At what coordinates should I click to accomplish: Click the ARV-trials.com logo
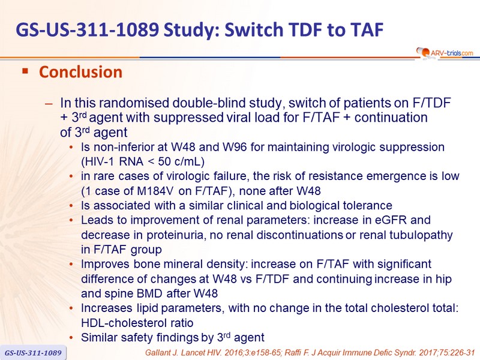pyautogui.click(x=445, y=53)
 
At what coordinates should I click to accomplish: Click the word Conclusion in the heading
pyautogui.click(x=81, y=72)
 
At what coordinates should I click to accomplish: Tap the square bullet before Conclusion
pyautogui.click(x=25, y=71)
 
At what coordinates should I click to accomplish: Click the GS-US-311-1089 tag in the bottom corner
pyautogui.click(x=33, y=353)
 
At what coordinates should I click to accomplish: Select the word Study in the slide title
pyautogui.click(x=191, y=29)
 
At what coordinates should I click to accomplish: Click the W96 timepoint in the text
pyautogui.click(x=235, y=147)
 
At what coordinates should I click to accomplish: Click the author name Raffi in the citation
pyautogui.click(x=292, y=353)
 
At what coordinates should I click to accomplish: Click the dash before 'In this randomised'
pyautogui.click(x=49, y=103)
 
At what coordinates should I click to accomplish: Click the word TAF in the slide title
pyautogui.click(x=367, y=29)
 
